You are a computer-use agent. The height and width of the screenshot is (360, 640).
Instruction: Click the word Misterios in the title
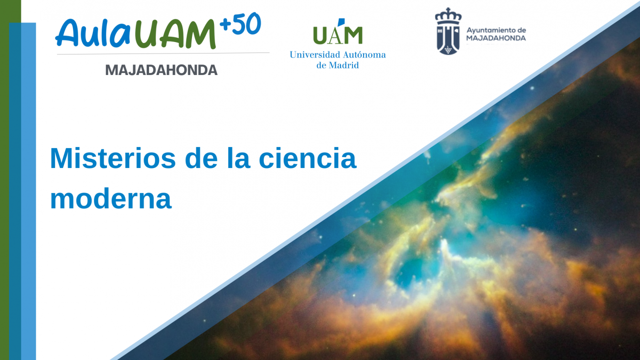[x=113, y=158]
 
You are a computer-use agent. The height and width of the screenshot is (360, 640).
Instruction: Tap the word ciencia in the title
[x=308, y=158]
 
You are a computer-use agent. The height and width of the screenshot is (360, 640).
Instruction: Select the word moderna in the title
[x=111, y=199]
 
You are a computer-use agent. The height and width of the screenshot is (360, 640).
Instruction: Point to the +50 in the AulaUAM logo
[x=240, y=24]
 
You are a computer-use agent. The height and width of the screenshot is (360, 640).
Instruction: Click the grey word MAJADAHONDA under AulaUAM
[x=161, y=70]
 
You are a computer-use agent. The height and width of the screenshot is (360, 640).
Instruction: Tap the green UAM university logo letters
[x=338, y=32]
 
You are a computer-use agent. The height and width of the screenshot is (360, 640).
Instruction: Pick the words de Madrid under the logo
[x=337, y=65]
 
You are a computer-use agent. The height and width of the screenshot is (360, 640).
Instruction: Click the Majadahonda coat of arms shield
[x=448, y=40]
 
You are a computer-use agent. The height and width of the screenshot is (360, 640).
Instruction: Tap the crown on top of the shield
[x=448, y=16]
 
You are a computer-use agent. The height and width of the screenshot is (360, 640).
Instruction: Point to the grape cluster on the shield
[x=448, y=50]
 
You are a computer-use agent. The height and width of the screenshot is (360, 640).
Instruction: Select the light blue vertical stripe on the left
[x=29, y=191]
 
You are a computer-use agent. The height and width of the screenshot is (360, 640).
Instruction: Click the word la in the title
[x=239, y=158]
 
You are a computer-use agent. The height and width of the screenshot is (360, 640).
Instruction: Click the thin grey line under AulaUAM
[x=163, y=53]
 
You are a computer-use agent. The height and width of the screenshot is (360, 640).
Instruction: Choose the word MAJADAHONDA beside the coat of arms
[x=496, y=38]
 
